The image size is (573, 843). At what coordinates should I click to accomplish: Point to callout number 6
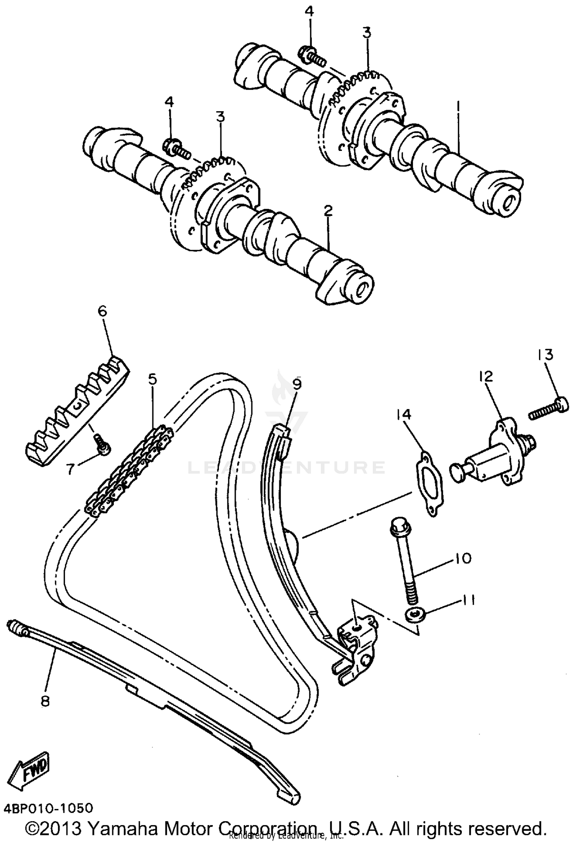tap(102, 311)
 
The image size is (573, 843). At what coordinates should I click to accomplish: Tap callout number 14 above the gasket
tap(404, 414)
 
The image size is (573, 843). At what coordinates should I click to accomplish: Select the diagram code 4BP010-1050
tap(49, 809)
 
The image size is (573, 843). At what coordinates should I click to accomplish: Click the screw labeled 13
tap(548, 408)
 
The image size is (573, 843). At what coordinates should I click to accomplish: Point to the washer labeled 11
tap(414, 615)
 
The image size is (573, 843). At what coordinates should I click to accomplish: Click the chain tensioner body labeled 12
tap(493, 453)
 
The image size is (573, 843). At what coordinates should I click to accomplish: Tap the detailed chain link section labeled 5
tap(130, 470)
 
